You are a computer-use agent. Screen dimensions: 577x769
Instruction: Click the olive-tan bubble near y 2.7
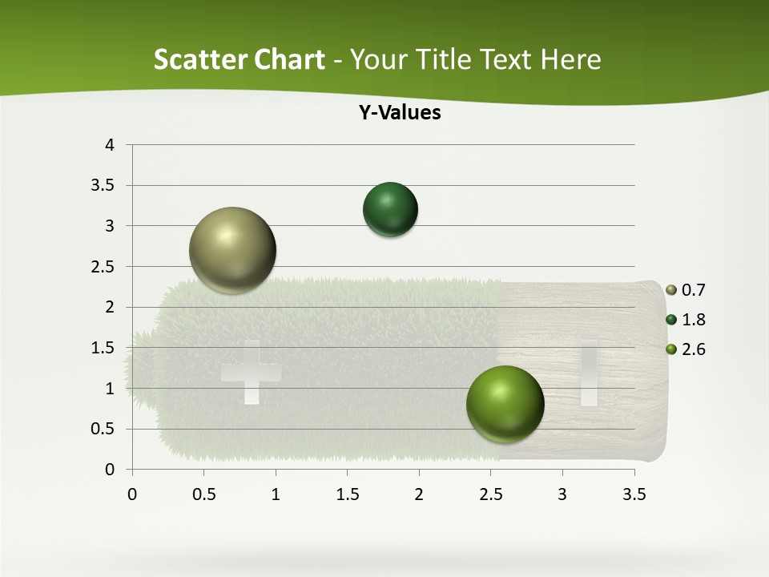[x=233, y=250]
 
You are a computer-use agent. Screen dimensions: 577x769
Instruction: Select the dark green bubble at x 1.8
[x=390, y=210]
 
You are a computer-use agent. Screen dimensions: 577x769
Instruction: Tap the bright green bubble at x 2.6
[x=505, y=404]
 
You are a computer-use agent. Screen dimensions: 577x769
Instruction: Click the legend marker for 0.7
[x=671, y=290]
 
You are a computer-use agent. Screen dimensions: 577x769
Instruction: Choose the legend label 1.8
[x=694, y=320]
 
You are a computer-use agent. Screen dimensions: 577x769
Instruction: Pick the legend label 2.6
[x=694, y=349]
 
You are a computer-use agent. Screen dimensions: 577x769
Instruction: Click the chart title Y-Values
[x=400, y=113]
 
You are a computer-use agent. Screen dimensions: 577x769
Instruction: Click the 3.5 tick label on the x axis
[x=634, y=494]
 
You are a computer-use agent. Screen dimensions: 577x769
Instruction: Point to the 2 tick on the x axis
[x=419, y=494]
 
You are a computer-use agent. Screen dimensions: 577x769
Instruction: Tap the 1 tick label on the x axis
[x=276, y=494]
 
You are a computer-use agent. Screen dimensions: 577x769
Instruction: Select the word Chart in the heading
[x=289, y=59]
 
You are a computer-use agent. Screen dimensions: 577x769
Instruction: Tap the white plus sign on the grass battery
[x=251, y=372]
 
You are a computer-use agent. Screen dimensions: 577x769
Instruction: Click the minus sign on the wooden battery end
[x=589, y=372]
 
